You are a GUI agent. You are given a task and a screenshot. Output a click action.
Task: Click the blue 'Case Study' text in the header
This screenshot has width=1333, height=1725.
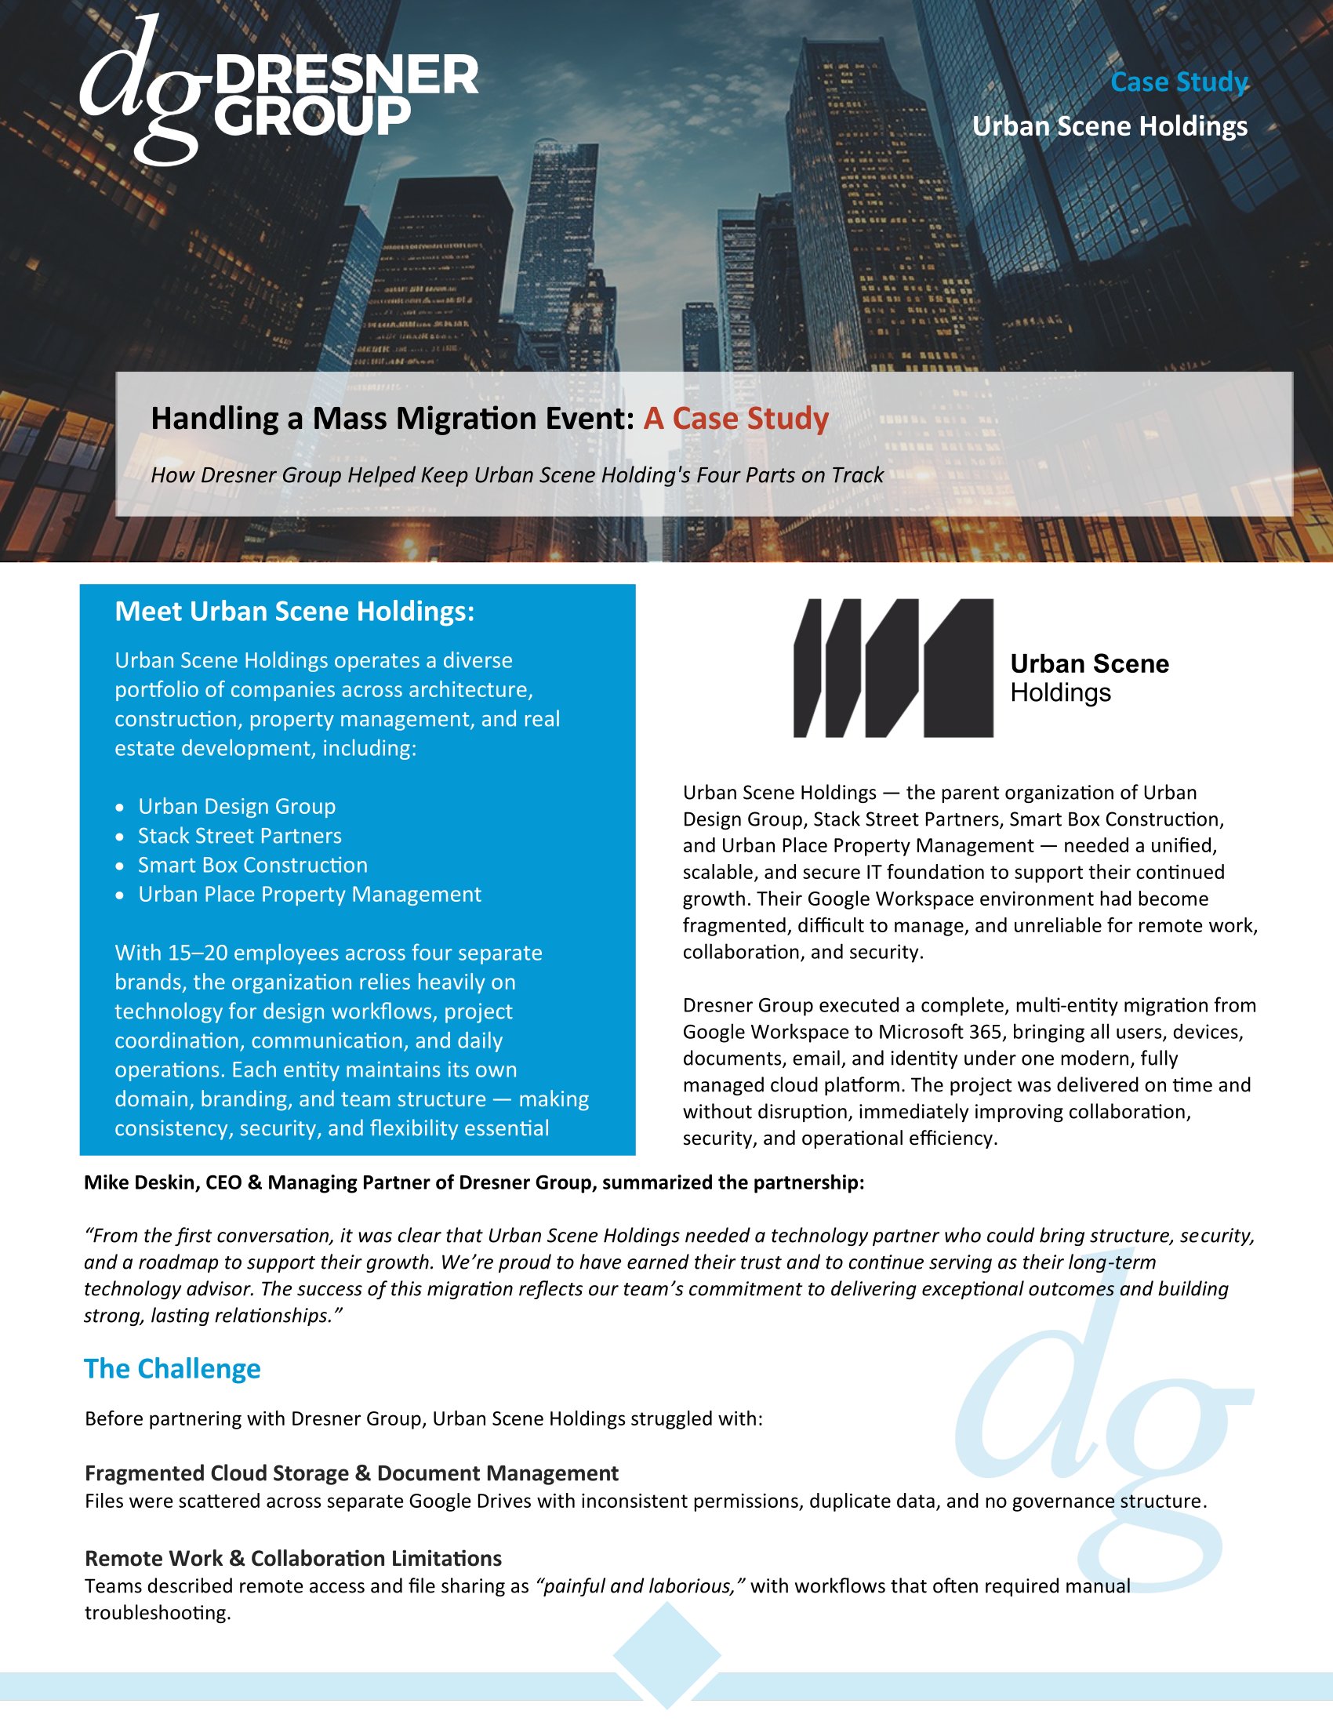coord(1179,82)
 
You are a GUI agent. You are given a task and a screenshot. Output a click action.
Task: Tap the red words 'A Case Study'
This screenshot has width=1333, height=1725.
coord(736,418)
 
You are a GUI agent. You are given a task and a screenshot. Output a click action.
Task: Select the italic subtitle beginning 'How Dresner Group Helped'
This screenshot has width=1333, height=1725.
coord(517,474)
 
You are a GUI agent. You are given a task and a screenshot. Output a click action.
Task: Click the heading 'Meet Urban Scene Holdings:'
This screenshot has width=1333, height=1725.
coord(295,612)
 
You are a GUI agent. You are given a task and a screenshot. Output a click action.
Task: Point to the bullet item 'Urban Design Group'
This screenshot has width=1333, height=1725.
coord(237,806)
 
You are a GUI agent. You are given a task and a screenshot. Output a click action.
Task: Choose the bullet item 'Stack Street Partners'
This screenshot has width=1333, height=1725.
coord(239,836)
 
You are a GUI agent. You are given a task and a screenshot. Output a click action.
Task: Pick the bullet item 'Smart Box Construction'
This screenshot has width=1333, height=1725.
coord(252,865)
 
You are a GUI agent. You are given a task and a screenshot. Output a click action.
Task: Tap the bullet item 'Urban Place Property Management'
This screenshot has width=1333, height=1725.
coord(310,894)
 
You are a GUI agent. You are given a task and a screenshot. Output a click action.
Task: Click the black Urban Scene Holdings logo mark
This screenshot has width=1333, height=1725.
coord(892,668)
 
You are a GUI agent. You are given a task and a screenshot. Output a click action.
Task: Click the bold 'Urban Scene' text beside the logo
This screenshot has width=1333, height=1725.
coord(1089,663)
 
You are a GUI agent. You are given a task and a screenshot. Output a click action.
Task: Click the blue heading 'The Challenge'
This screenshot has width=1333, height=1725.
coord(173,1369)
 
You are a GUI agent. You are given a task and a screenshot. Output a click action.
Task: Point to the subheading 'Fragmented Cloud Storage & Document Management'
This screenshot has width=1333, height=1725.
coord(351,1473)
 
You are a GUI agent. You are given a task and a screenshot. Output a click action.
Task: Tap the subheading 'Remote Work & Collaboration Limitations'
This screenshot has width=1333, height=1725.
coord(293,1558)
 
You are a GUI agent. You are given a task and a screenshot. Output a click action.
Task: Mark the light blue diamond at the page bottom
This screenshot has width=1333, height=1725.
coord(666,1654)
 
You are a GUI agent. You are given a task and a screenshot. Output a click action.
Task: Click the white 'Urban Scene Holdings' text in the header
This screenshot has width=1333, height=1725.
coord(1110,126)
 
